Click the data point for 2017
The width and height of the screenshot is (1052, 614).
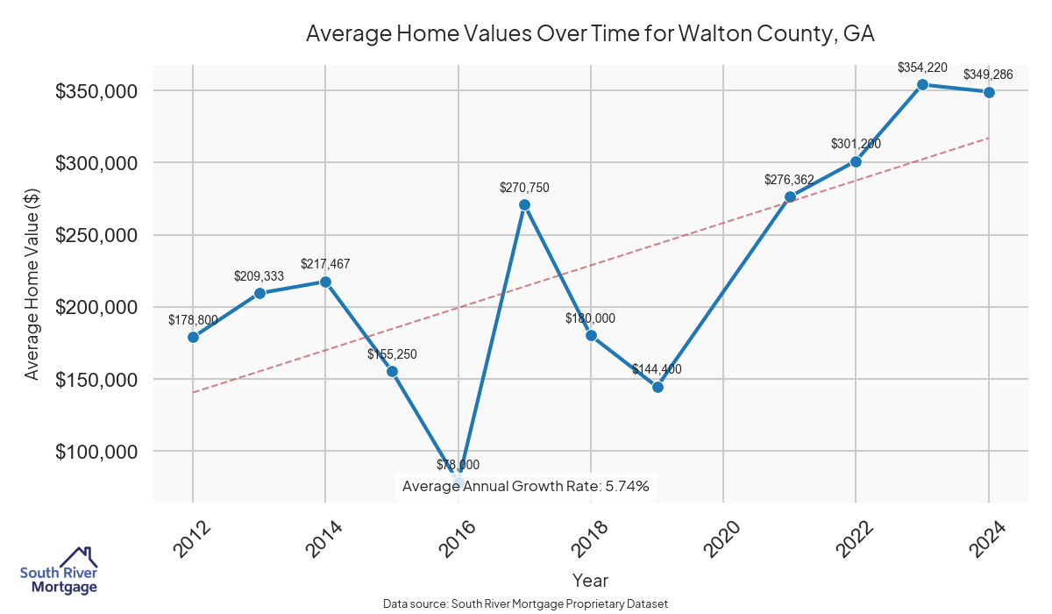(524, 205)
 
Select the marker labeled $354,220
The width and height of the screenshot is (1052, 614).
(922, 84)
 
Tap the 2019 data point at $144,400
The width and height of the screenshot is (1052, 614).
(657, 387)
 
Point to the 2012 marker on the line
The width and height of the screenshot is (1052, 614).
(193, 337)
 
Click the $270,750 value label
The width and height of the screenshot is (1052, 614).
(524, 187)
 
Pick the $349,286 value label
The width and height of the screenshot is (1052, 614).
(988, 75)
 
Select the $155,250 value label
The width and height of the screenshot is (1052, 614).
(392, 354)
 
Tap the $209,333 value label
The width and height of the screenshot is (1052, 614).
(259, 275)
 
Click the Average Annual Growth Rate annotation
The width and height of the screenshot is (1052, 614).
(525, 486)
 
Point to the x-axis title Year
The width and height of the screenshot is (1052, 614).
(590, 580)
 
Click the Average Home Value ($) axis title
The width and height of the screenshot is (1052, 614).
(32, 284)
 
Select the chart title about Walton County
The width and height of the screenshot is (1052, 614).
(590, 34)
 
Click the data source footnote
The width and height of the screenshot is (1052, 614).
(525, 603)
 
